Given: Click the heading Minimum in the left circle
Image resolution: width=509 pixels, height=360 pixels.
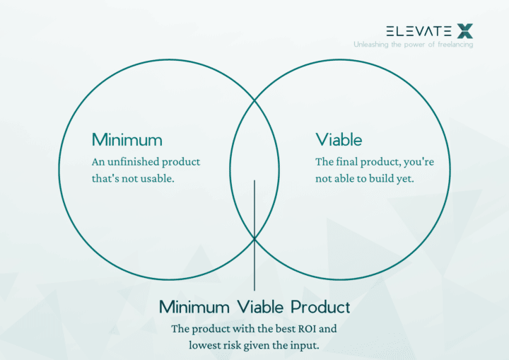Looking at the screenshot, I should pyautogui.click(x=127, y=139).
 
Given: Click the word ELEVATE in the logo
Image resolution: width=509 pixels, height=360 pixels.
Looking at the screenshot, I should pyautogui.click(x=419, y=31).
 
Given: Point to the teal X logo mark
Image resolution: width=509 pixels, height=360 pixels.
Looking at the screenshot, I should pyautogui.click(x=464, y=30).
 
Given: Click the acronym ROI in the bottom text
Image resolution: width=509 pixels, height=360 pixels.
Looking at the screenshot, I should pyautogui.click(x=299, y=329).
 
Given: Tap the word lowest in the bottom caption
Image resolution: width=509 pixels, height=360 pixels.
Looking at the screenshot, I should pyautogui.click(x=206, y=345).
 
